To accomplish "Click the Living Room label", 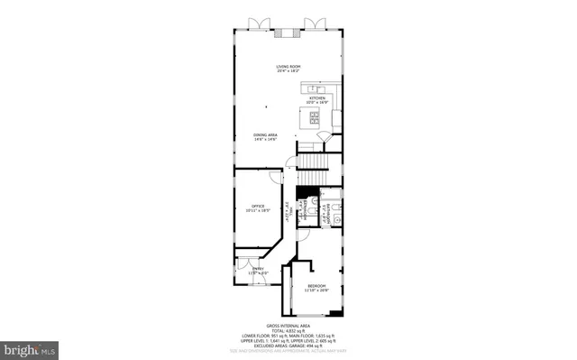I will point(288,66).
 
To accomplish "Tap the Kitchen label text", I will point(317,98).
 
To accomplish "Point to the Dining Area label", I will point(264,135).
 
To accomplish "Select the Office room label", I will point(257,204).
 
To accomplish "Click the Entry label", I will point(258,268).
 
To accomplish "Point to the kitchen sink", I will point(314,88).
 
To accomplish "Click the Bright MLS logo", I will point(29,347).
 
